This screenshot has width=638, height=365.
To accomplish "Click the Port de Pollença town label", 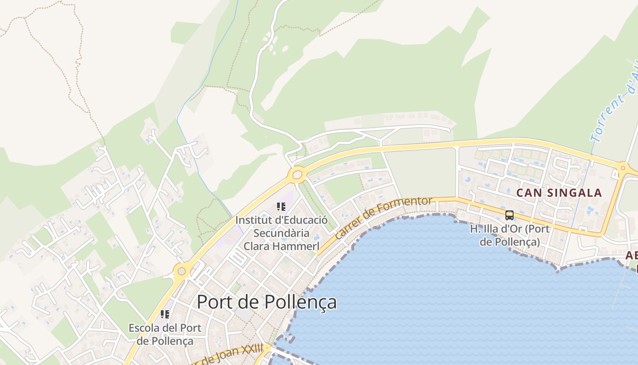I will [x=267, y=302].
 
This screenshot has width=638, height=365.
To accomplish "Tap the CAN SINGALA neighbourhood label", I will [x=559, y=193].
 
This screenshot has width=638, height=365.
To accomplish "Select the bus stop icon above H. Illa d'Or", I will [x=509, y=215].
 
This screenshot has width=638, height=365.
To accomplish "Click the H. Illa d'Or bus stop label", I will [x=509, y=235].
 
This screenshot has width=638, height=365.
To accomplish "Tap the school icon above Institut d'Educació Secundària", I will [x=281, y=207].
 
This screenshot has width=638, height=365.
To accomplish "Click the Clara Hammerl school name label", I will [x=281, y=246].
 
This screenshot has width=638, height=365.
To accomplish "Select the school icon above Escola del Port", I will [x=165, y=314].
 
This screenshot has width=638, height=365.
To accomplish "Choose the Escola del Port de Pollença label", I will [x=165, y=334].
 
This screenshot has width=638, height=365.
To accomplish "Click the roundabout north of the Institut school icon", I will [x=297, y=174].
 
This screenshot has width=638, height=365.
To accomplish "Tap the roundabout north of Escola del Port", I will [x=182, y=271].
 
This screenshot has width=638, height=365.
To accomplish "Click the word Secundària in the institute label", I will [x=281, y=233].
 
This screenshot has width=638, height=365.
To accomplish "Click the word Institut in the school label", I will [x=252, y=220].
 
